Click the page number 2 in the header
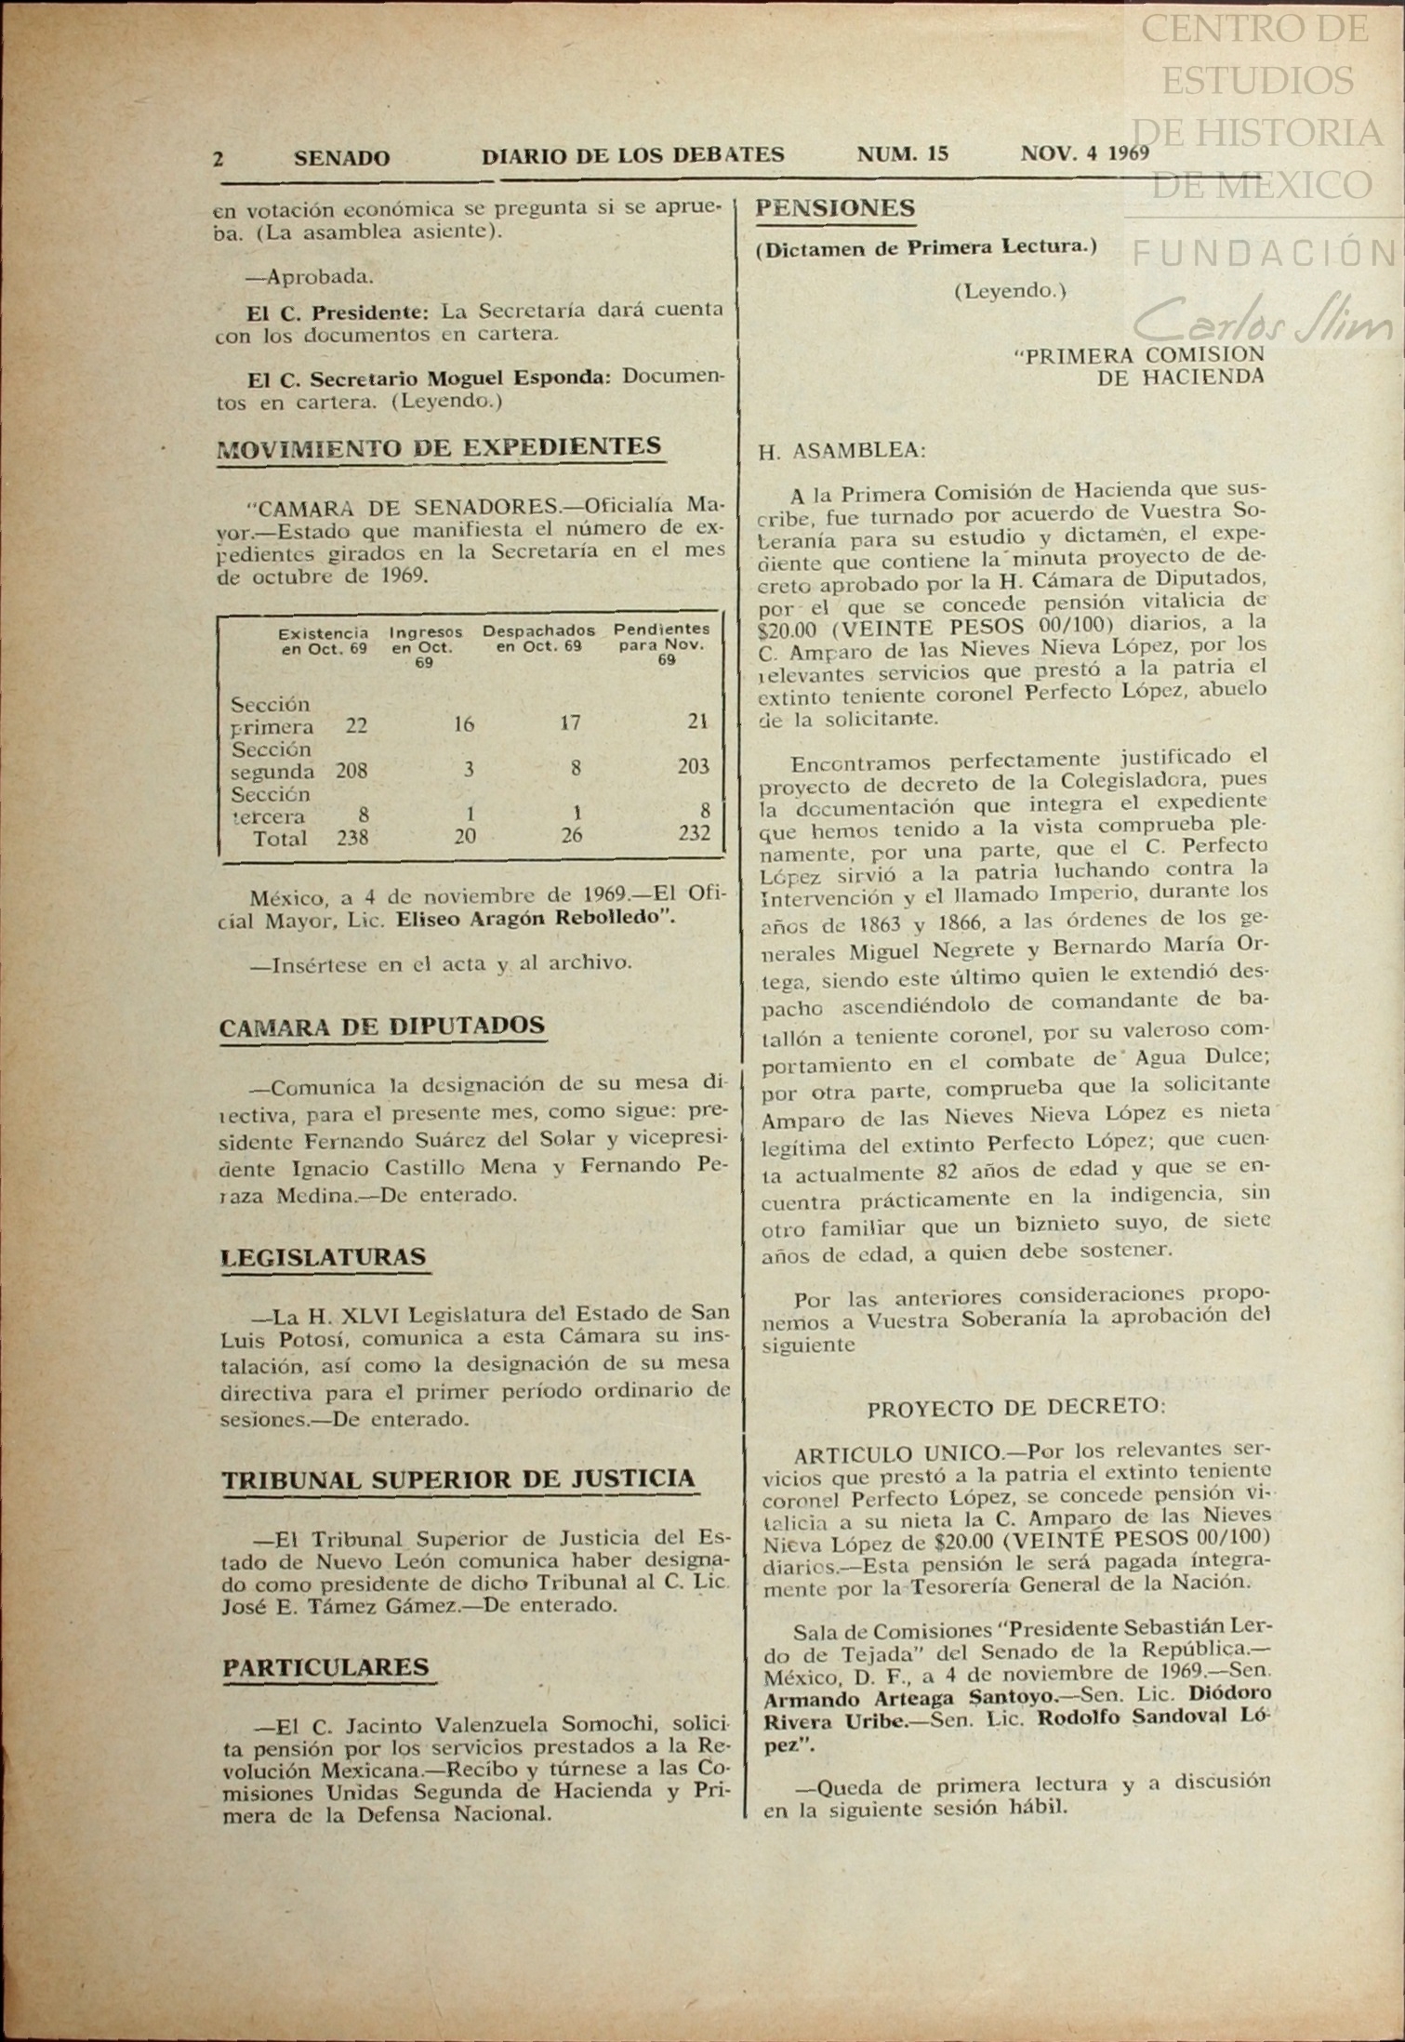[219, 158]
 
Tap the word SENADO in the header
[341, 158]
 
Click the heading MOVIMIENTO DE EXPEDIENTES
[439, 447]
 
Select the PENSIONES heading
[835, 209]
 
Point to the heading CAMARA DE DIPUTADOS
[382, 1026]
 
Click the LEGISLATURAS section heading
[324, 1257]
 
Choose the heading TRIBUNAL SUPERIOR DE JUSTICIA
[458, 1479]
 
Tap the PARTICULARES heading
[326, 1667]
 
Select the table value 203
[694, 766]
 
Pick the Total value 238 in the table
[352, 838]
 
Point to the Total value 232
[695, 834]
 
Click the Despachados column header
[538, 638]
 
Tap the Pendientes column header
[661, 643]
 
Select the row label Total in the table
[280, 839]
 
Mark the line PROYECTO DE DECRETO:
[1015, 1408]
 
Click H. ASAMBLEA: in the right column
[842, 452]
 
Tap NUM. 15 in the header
[902, 154]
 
